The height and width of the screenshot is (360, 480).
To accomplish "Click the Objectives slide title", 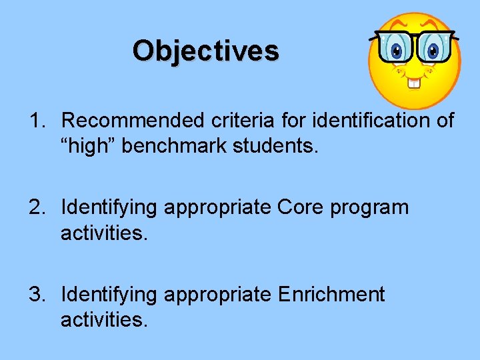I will [205, 51].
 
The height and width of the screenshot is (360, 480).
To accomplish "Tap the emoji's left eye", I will [398, 50].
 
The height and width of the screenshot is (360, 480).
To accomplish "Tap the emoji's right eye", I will [433, 50].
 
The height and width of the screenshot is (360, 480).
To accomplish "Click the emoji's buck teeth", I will [415, 83].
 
